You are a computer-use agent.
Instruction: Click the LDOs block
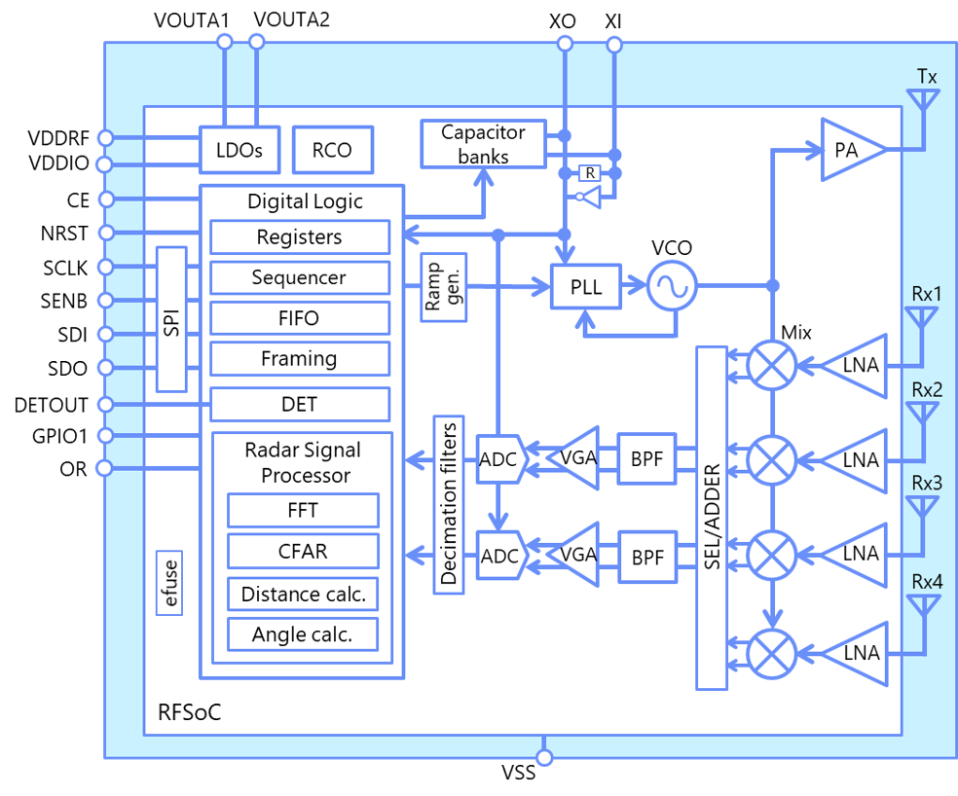(239, 150)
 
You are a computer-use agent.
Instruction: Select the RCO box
(332, 150)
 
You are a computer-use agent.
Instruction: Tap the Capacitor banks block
(483, 144)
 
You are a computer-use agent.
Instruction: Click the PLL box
(586, 286)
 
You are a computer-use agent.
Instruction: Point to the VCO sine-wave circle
(672, 286)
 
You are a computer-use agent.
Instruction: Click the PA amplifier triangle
(852, 150)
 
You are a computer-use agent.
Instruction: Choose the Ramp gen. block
(444, 287)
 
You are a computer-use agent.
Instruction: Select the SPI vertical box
(171, 319)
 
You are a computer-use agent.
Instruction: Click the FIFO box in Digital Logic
(300, 318)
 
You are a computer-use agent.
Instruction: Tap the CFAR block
(303, 551)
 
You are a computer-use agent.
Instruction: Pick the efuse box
(169, 583)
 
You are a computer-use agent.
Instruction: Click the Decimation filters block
(449, 505)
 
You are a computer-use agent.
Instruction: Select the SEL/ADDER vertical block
(712, 518)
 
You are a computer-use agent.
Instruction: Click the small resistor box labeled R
(590, 173)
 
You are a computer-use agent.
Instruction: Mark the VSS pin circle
(544, 757)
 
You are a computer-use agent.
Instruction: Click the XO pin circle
(565, 44)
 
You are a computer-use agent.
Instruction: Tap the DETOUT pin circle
(106, 405)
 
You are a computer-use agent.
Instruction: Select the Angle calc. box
(303, 634)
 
